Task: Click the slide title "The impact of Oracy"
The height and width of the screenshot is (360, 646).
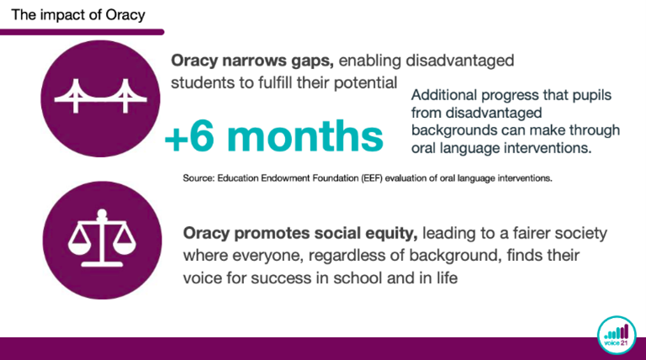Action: click(x=78, y=15)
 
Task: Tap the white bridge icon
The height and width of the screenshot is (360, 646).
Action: click(x=101, y=96)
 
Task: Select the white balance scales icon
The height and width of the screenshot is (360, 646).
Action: click(x=102, y=238)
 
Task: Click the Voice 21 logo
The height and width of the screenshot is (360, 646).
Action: click(x=617, y=335)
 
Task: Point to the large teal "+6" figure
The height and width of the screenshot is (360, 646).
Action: click(x=189, y=137)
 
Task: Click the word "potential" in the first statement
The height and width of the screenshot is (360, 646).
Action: click(x=365, y=83)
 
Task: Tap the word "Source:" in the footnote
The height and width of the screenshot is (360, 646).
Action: click(x=199, y=178)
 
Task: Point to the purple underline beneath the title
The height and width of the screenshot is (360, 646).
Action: click(x=82, y=32)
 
